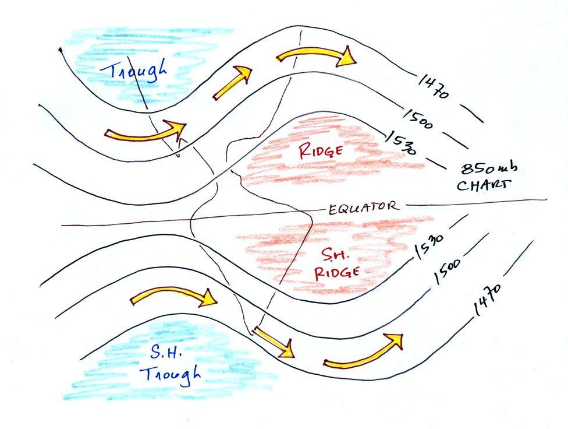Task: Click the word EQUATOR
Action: [363, 207]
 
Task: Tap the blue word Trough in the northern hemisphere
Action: [134, 73]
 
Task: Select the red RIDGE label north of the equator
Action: [320, 151]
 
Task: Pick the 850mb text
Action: [489, 170]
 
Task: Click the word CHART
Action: [484, 186]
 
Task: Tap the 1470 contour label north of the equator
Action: [434, 87]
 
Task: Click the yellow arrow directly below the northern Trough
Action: [146, 132]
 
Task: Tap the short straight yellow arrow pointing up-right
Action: [232, 82]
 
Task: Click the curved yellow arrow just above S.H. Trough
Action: [173, 296]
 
